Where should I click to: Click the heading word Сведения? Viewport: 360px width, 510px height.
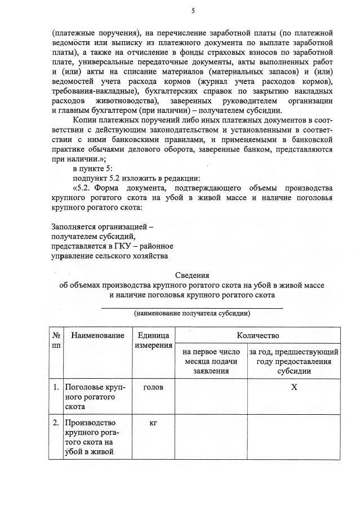tap(192, 276)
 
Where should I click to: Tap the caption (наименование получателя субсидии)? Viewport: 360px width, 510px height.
tap(192, 313)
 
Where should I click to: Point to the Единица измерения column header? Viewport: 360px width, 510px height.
tap(153, 340)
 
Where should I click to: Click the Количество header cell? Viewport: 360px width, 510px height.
tap(257, 335)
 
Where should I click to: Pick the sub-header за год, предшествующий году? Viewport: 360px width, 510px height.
tap(294, 361)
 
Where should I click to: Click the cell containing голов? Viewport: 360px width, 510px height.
tap(153, 388)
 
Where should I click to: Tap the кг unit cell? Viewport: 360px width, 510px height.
tap(153, 422)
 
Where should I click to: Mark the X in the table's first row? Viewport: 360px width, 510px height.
tap(294, 388)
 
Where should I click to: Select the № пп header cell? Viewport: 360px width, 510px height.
tap(56, 340)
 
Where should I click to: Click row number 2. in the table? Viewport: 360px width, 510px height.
tap(56, 422)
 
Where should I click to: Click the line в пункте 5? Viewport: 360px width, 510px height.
tap(93, 168)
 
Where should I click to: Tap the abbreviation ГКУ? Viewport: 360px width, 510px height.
tap(119, 246)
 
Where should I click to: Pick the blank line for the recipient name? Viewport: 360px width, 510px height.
tap(192, 307)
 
